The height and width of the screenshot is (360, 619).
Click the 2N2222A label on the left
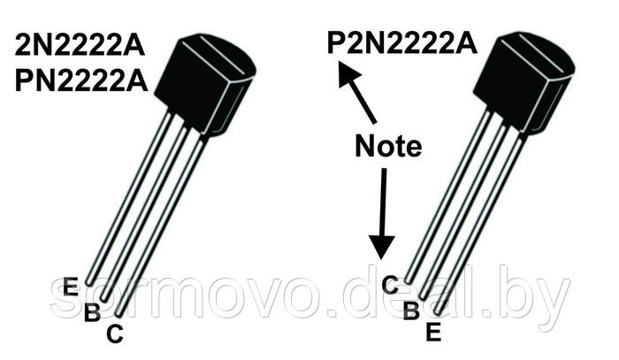pyautogui.click(x=80, y=45)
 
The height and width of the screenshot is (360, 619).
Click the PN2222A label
pyautogui.click(x=81, y=80)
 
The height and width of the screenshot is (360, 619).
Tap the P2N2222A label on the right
pyautogui.click(x=401, y=42)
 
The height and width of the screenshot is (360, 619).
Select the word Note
pyautogui.click(x=388, y=146)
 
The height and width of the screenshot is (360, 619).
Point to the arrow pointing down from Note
pyautogui.click(x=382, y=213)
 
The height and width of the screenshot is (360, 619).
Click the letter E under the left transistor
pyautogui.click(x=71, y=287)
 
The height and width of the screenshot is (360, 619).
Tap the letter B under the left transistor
pyautogui.click(x=92, y=311)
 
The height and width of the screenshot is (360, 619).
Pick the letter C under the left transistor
pyautogui.click(x=115, y=333)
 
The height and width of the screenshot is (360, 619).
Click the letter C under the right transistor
pyautogui.click(x=390, y=285)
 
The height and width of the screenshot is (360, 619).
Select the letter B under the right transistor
pyautogui.click(x=411, y=310)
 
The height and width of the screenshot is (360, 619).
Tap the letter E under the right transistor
pyautogui.click(x=433, y=332)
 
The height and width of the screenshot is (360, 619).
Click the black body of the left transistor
pyautogui.click(x=204, y=84)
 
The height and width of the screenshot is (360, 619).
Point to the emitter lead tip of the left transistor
pyautogui.click(x=88, y=283)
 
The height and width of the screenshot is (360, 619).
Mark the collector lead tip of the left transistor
pyautogui.click(x=118, y=314)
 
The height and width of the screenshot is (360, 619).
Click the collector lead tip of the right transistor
pyautogui.click(x=409, y=281)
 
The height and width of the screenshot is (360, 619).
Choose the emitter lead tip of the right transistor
pyautogui.click(x=438, y=312)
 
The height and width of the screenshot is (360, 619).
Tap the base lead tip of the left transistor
pyautogui.click(x=103, y=298)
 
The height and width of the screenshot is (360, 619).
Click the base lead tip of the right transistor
pyautogui.click(x=423, y=296)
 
